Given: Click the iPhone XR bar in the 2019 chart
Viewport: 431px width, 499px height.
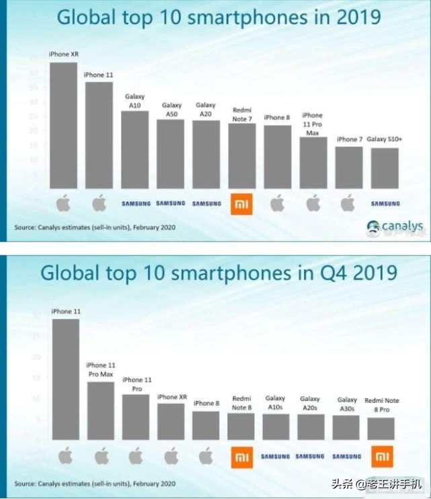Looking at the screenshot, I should pyautogui.click(x=63, y=126).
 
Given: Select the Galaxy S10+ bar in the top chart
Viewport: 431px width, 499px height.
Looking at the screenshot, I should pyautogui.click(x=385, y=168).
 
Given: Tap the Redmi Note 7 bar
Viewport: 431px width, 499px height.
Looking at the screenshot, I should pyautogui.click(x=242, y=156).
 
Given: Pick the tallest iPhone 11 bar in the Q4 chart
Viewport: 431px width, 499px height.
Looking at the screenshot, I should pyautogui.click(x=65, y=379).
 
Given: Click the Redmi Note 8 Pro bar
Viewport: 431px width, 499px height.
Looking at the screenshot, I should pyautogui.click(x=381, y=428).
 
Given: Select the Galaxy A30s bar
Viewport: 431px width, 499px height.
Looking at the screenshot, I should pyautogui.click(x=346, y=427).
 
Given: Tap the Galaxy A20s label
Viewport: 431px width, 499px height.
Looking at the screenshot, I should pyautogui.click(x=311, y=403).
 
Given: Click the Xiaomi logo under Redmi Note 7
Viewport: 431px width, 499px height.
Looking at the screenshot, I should pyautogui.click(x=241, y=203).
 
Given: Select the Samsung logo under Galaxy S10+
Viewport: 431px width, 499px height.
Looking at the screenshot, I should pyautogui.click(x=385, y=203).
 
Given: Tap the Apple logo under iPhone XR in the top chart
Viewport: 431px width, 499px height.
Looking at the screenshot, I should pyautogui.click(x=63, y=203).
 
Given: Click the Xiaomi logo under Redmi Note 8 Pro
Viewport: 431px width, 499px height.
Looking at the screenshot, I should pyautogui.click(x=381, y=457).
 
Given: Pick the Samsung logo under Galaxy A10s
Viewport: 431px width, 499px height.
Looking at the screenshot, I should pyautogui.click(x=276, y=457).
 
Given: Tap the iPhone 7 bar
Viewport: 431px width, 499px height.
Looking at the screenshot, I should pyautogui.click(x=349, y=167).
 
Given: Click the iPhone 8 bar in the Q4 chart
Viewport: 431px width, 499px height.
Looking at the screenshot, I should pyautogui.click(x=205, y=425).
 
